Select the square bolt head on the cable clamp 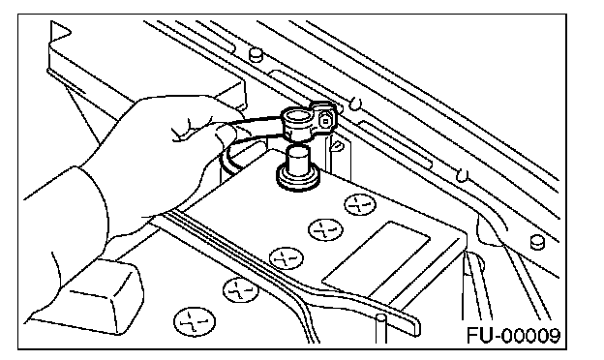(325, 121)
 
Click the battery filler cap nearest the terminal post (360, 204)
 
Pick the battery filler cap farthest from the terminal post (195, 321)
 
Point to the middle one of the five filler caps (286, 258)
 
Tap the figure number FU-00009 (513, 336)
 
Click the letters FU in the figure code (480, 336)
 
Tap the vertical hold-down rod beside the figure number (381, 329)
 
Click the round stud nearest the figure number (537, 242)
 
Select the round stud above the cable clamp (255, 54)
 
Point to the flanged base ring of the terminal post (298, 178)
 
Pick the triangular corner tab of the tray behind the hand (60, 30)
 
